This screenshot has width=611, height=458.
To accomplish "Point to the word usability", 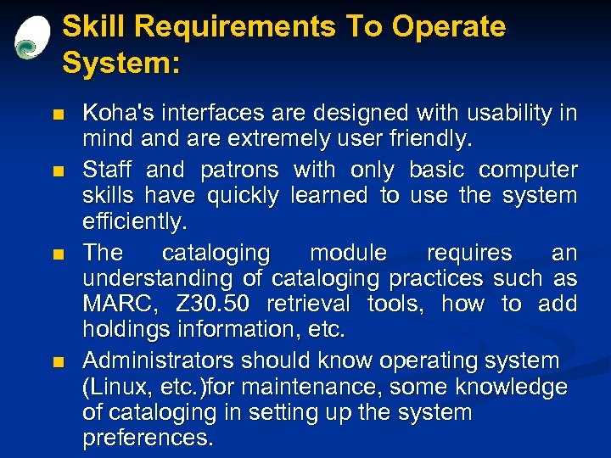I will pyautogui.click(x=501, y=113).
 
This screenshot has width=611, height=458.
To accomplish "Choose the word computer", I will pyautogui.click(x=528, y=170).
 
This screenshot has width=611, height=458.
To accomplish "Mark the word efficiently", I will pyautogui.click(x=132, y=222).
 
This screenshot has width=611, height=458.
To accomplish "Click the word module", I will pyautogui.click(x=348, y=253).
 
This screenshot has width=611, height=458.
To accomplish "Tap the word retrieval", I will pyautogui.click(x=311, y=304).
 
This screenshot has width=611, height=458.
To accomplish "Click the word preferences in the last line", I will pyautogui.click(x=149, y=438).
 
